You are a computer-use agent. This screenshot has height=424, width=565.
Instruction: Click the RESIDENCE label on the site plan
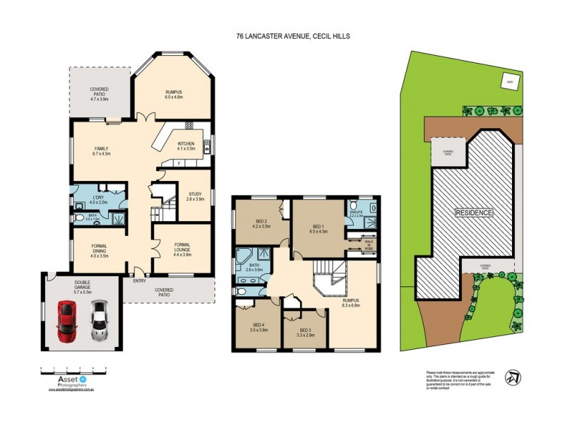[474, 212]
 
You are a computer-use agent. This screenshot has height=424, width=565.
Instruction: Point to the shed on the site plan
[509, 82]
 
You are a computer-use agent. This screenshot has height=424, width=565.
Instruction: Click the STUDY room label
[194, 196]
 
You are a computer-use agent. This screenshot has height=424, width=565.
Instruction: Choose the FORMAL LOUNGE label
[182, 247]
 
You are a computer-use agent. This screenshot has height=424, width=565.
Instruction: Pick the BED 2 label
[256, 225]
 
